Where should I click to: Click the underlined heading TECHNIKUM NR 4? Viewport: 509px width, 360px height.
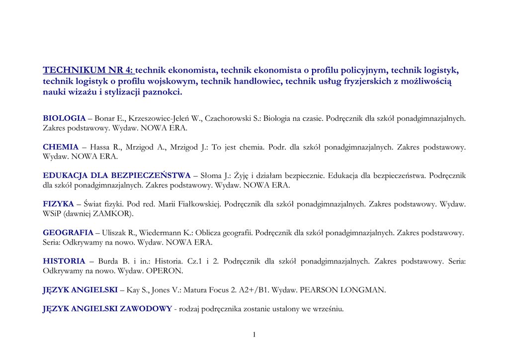click(88, 70)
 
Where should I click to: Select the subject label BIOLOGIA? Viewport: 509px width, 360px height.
click(64, 118)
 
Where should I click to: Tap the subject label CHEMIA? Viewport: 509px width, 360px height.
click(61, 147)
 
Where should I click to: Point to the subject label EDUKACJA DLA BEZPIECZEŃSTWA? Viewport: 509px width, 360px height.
click(117, 176)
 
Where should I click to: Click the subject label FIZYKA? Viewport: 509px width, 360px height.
click(58, 204)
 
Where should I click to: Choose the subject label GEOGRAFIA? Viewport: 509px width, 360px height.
click(68, 233)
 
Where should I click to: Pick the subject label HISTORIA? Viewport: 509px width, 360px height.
click(64, 261)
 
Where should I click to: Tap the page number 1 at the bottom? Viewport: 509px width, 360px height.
click(254, 335)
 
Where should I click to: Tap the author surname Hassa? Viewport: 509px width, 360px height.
click(99, 147)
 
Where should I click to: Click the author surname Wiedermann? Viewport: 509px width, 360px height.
click(161, 233)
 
